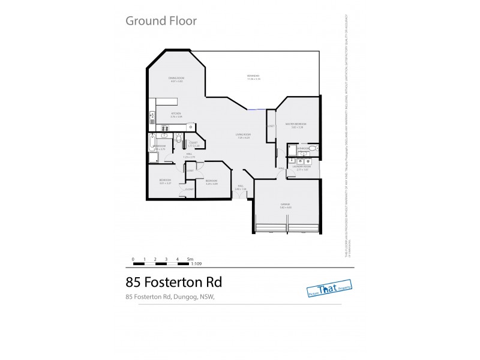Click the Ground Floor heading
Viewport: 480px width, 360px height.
(161, 21)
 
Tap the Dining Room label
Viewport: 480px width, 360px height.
(176, 78)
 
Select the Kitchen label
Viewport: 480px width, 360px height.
(176, 113)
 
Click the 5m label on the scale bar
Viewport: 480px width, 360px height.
(190, 258)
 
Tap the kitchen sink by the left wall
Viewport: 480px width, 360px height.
(152, 114)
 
